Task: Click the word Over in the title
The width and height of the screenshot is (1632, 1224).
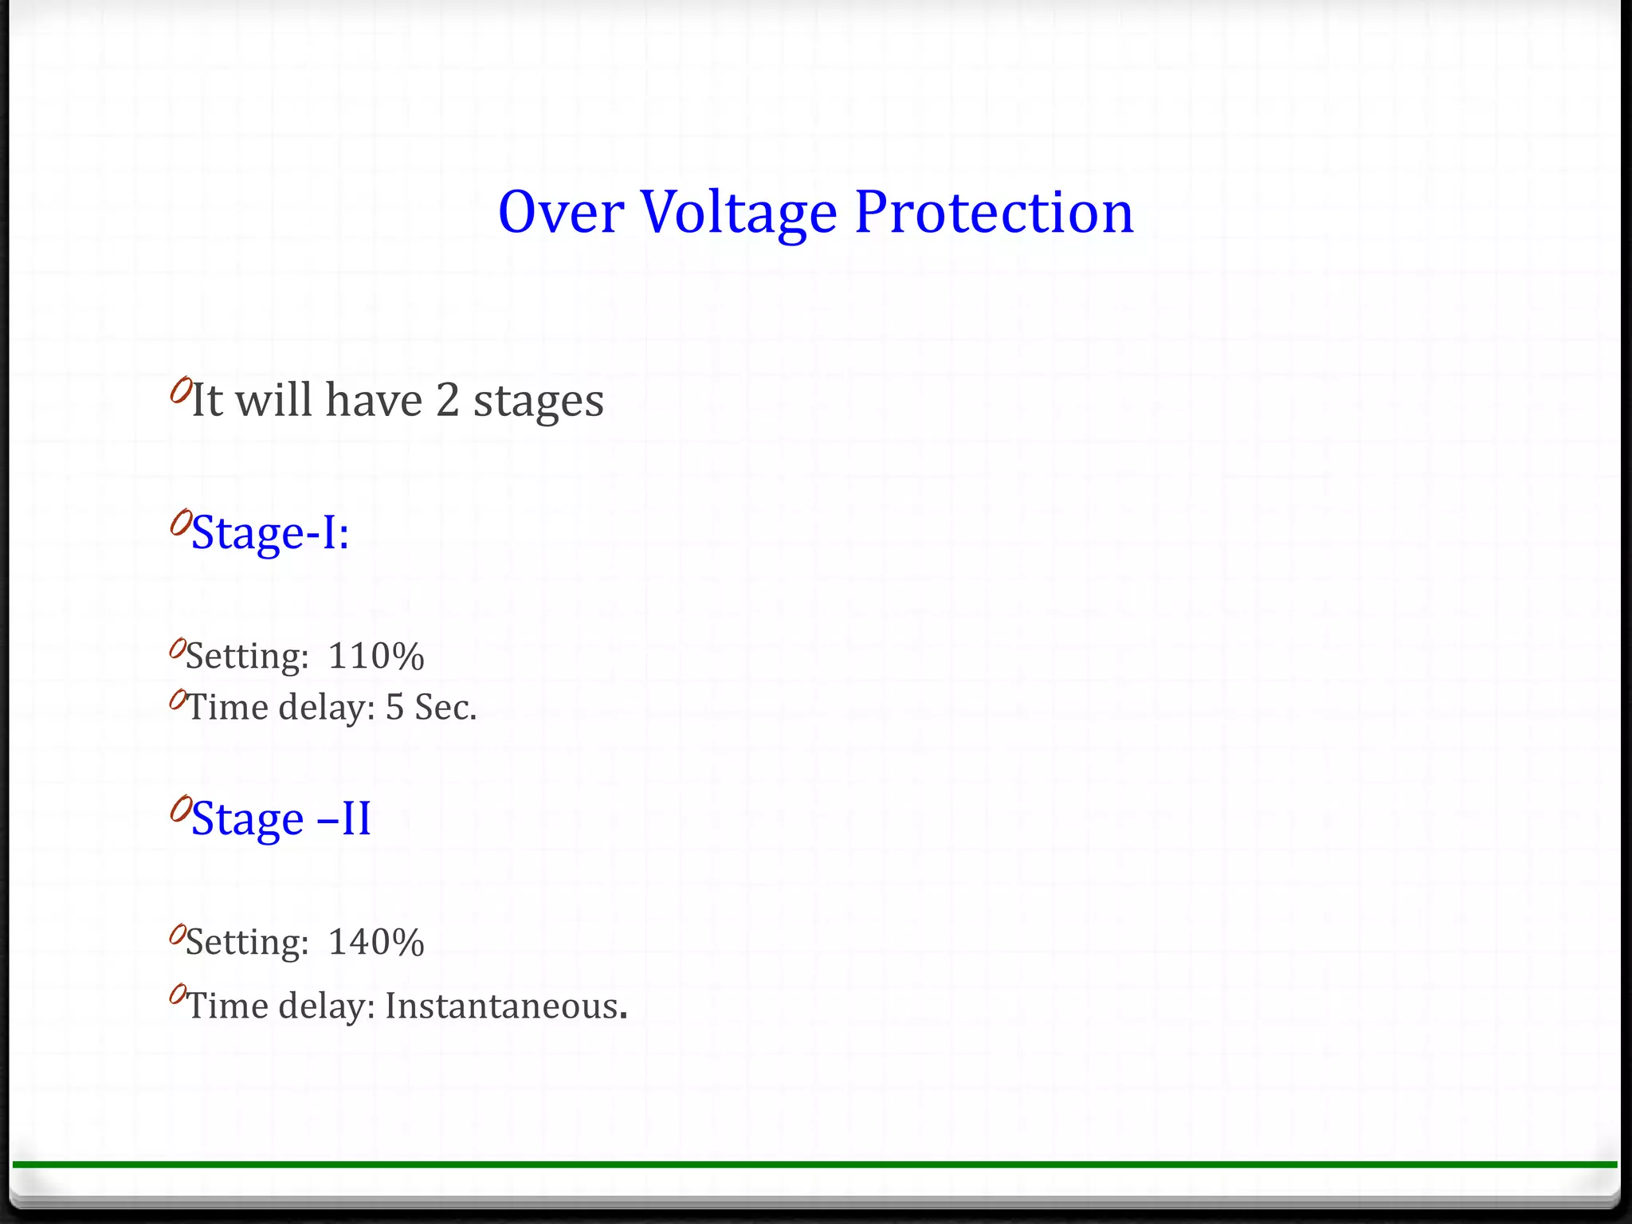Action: (x=561, y=213)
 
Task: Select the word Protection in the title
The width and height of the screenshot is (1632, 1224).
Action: (x=994, y=213)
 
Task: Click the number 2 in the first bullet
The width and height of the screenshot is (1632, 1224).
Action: (x=448, y=400)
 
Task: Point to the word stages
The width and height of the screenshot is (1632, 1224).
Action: (x=539, y=402)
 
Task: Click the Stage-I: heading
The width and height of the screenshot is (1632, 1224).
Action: (x=270, y=532)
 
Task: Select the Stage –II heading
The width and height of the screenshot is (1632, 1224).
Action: (x=281, y=818)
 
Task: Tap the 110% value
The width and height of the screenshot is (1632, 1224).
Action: (x=376, y=657)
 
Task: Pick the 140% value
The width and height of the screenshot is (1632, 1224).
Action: (x=376, y=942)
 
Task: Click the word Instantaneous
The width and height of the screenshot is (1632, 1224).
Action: (x=502, y=1006)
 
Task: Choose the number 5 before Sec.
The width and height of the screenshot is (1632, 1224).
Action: (x=395, y=708)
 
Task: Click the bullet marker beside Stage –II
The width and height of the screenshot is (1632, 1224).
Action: (x=180, y=809)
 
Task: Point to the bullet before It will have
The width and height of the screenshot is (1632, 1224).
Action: (x=180, y=390)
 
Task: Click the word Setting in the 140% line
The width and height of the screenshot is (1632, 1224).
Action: (x=247, y=943)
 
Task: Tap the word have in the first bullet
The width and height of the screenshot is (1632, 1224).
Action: (x=374, y=400)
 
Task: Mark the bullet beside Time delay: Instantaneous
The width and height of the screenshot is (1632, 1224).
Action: (x=177, y=994)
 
